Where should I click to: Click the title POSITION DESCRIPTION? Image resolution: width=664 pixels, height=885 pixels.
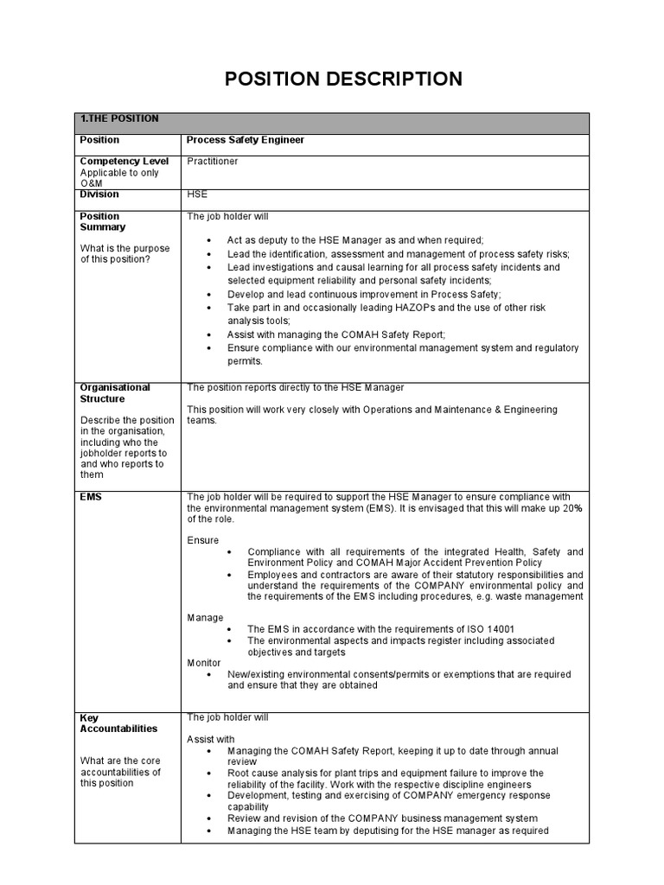[x=343, y=80]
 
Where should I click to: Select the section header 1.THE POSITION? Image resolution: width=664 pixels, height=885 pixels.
[x=118, y=119]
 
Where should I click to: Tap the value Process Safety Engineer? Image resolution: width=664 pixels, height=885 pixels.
[x=246, y=140]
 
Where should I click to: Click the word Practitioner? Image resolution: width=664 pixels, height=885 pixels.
[x=213, y=162]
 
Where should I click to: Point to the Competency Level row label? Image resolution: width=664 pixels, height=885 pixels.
[x=124, y=162]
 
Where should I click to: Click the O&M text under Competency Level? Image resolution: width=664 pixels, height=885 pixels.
[x=91, y=183]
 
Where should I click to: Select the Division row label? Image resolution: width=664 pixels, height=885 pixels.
[x=99, y=195]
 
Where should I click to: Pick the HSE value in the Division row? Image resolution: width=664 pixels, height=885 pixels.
[x=197, y=195]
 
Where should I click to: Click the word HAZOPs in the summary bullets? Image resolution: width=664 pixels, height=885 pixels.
[x=405, y=308]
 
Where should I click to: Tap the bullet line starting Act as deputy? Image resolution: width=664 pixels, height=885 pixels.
[x=354, y=240]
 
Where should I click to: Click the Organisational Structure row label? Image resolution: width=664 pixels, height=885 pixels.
[x=115, y=393]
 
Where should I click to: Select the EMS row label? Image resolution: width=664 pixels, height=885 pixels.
[x=91, y=497]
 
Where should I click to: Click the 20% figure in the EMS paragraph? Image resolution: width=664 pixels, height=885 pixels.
[x=571, y=508]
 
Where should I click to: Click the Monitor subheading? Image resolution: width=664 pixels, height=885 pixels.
[x=204, y=662]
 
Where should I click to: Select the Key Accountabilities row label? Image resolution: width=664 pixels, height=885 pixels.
[x=118, y=723]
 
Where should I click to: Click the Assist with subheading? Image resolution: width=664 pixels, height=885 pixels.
[x=211, y=740]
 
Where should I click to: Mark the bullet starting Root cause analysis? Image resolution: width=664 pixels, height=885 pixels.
[x=385, y=773]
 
